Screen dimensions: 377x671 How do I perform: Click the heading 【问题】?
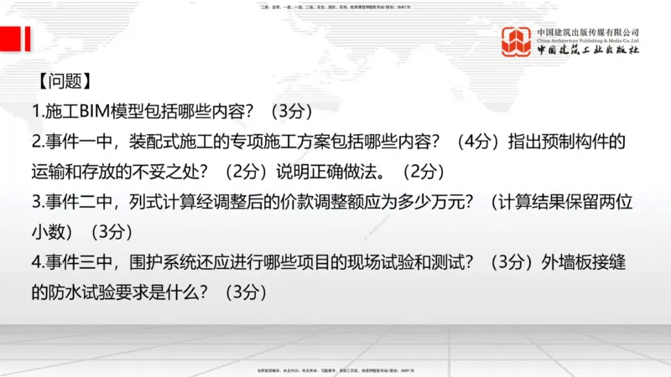(x=62, y=81)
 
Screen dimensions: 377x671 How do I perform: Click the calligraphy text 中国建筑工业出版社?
(x=587, y=50)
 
